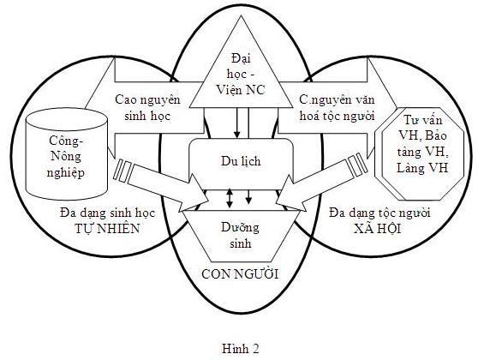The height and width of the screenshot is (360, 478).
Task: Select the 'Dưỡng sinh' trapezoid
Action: [240, 236]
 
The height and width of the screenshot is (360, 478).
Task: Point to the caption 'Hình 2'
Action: [241, 348]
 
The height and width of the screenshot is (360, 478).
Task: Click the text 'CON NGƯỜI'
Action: [240, 274]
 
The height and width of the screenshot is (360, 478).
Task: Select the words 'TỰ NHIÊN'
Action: [107, 229]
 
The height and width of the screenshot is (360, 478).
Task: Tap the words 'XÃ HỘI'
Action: [378, 229]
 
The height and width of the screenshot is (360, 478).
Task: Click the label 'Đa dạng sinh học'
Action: [108, 213]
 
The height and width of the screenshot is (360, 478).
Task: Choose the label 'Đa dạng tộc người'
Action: [379, 213]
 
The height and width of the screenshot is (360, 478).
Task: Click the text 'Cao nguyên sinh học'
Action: [148, 108]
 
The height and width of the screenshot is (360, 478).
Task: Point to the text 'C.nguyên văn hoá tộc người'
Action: [337, 108]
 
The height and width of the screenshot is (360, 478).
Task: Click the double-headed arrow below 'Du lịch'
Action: [230, 199]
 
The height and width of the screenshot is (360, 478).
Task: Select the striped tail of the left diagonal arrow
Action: [122, 171]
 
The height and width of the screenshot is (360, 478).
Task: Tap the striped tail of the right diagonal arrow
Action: [357, 165]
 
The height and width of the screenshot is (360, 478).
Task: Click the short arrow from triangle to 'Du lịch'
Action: [237, 123]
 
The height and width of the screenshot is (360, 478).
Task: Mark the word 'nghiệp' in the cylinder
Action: [66, 173]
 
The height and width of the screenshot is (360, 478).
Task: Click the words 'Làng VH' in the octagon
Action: [422, 168]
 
